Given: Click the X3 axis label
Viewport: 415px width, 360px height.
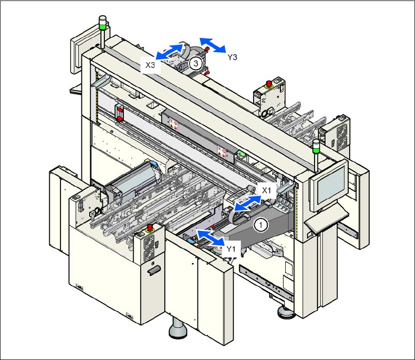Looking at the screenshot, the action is pos(150,65).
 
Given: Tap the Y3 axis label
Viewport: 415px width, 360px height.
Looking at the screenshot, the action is pos(233,57).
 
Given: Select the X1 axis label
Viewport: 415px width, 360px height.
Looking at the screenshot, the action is pos(267,190).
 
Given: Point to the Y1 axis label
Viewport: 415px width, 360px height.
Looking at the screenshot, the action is pos(231,249).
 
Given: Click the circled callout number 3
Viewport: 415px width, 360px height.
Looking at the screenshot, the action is pos(196,63).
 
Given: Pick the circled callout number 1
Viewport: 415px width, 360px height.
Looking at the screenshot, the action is pos(261,225).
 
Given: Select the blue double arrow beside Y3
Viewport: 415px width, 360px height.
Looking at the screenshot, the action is pos(213,45).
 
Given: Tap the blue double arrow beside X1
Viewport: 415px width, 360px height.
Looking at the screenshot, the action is pos(248,203).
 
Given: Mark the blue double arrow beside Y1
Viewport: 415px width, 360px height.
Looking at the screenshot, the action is pos(211,238).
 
